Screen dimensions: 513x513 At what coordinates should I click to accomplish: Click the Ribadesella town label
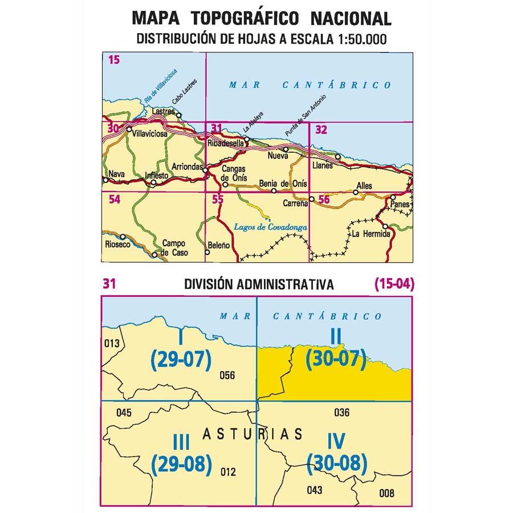click(226, 143)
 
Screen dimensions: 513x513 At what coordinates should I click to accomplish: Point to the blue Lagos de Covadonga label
click(271, 227)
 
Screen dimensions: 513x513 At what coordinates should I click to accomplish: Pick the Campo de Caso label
click(174, 247)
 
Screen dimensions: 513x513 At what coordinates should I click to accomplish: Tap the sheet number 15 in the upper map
click(113, 59)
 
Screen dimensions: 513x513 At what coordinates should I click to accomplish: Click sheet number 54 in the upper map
click(114, 199)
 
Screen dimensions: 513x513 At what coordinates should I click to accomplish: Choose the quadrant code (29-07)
click(181, 359)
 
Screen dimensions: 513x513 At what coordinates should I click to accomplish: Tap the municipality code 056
click(227, 375)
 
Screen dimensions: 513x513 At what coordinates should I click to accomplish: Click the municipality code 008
click(386, 492)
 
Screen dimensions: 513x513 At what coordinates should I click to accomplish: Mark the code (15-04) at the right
click(393, 284)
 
